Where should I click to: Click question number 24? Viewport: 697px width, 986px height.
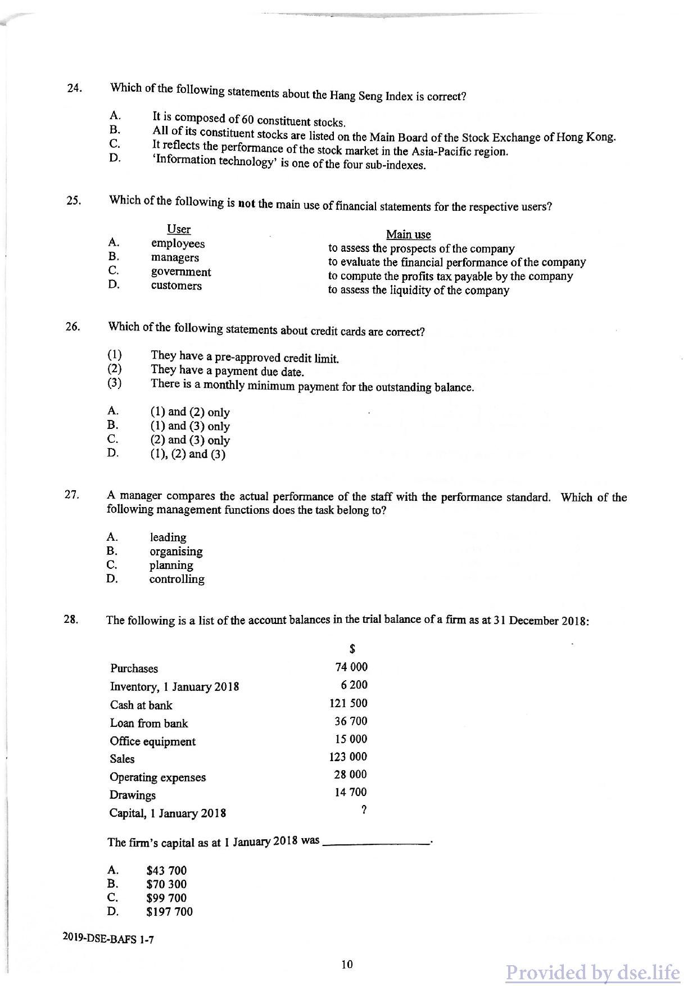(x=74, y=88)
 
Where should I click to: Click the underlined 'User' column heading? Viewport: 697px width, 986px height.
(x=179, y=229)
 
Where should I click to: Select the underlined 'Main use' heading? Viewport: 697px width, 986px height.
(x=408, y=234)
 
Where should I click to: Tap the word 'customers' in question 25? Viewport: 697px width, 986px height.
(x=176, y=286)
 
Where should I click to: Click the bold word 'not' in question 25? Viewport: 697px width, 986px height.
(x=247, y=203)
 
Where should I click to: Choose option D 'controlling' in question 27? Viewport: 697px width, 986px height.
(x=176, y=579)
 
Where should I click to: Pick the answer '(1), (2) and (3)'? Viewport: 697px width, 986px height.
(x=188, y=454)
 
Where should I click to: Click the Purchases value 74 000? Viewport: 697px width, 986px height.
(x=351, y=667)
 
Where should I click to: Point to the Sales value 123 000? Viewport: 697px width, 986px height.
(x=348, y=757)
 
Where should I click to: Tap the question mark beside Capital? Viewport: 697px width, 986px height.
(x=364, y=810)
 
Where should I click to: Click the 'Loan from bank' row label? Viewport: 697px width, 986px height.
(x=149, y=723)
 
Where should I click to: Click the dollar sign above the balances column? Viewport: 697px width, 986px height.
(x=352, y=649)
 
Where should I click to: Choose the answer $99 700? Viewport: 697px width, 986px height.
(x=166, y=898)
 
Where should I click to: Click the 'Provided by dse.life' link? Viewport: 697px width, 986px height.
(x=592, y=973)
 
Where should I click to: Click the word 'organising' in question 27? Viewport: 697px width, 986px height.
(x=176, y=551)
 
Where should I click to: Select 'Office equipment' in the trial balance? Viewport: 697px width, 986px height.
(x=153, y=741)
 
